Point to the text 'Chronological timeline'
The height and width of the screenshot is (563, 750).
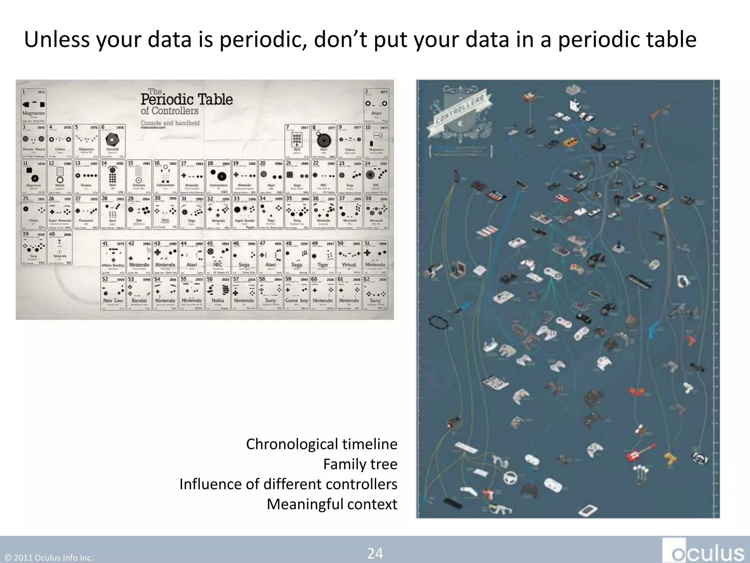tap(322, 444)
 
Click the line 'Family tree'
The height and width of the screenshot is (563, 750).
tap(360, 464)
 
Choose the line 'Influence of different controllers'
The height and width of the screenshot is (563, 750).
tap(288, 484)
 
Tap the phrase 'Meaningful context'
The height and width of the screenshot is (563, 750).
tap(332, 504)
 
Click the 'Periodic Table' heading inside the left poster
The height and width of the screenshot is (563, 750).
tap(187, 99)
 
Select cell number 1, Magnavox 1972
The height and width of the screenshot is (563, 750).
tap(34, 106)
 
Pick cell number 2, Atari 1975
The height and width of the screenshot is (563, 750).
tap(376, 106)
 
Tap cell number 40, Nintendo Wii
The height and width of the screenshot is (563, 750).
tap(60, 247)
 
